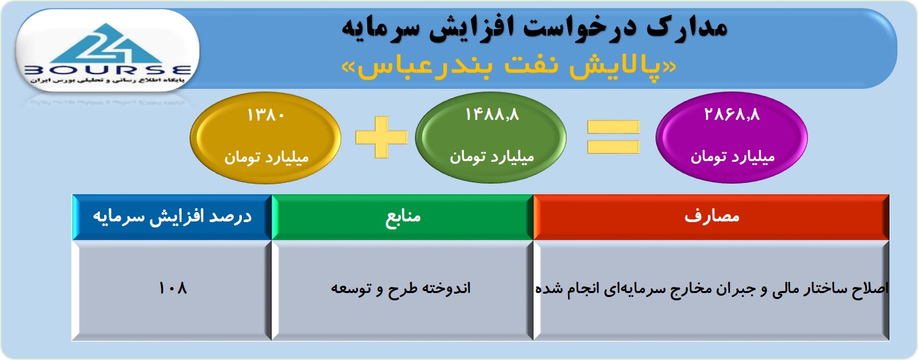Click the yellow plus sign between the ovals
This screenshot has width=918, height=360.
pyautogui.click(x=381, y=137)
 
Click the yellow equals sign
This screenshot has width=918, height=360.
pyautogui.click(x=613, y=137)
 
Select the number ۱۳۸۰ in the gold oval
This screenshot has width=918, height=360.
pyautogui.click(x=266, y=115)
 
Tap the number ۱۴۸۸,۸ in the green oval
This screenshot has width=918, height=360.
pyautogui.click(x=492, y=115)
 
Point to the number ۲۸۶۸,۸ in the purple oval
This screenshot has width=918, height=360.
pyautogui.click(x=732, y=114)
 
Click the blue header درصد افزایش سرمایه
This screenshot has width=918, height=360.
pyautogui.click(x=172, y=217)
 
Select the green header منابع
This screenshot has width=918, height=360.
pyautogui.click(x=402, y=217)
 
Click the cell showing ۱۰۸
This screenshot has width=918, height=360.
pyautogui.click(x=172, y=290)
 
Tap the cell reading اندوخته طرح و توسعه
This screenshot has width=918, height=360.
pyautogui.click(x=402, y=290)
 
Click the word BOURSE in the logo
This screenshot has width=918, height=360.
pyautogui.click(x=108, y=70)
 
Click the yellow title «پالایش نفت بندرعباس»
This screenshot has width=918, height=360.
pyautogui.click(x=508, y=67)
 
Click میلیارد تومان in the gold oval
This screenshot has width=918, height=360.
pyautogui.click(x=266, y=157)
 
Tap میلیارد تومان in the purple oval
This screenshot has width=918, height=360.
pyautogui.click(x=732, y=157)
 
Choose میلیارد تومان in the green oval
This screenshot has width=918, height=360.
pyautogui.click(x=492, y=157)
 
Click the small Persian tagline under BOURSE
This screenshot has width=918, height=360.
pyautogui.click(x=107, y=80)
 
